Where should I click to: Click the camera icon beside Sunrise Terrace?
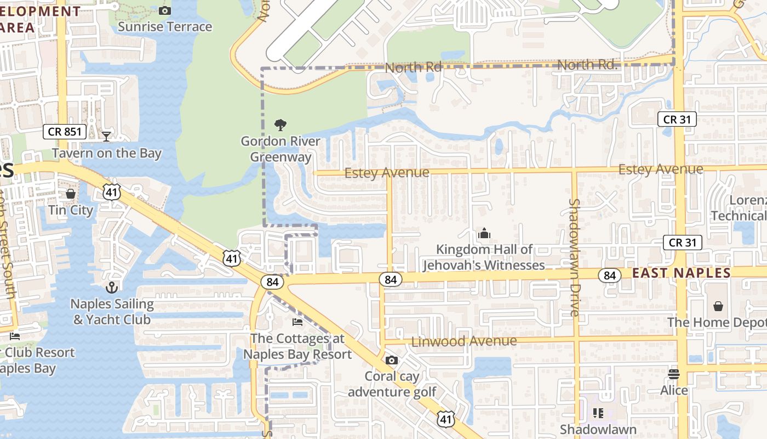tap(164, 10)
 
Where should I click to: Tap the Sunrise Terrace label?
tap(164, 26)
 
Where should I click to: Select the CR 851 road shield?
tap(65, 132)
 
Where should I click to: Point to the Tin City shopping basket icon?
tap(71, 194)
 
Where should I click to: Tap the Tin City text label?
tap(71, 210)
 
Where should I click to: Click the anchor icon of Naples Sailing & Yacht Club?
tap(112, 287)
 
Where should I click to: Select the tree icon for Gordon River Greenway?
tap(281, 125)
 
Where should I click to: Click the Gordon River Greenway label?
tap(281, 149)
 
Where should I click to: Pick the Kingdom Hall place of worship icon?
tap(484, 234)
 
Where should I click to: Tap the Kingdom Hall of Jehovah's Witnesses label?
tap(484, 257)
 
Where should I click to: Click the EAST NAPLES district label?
tap(682, 273)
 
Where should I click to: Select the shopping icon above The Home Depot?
tap(718, 306)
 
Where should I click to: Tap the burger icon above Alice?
tap(674, 374)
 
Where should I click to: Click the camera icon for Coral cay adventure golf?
tap(391, 360)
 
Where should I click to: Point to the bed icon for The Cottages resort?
tap(297, 322)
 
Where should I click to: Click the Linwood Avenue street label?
tap(463, 341)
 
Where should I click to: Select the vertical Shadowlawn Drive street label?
tap(574, 257)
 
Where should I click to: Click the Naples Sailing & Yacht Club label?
tap(112, 312)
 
